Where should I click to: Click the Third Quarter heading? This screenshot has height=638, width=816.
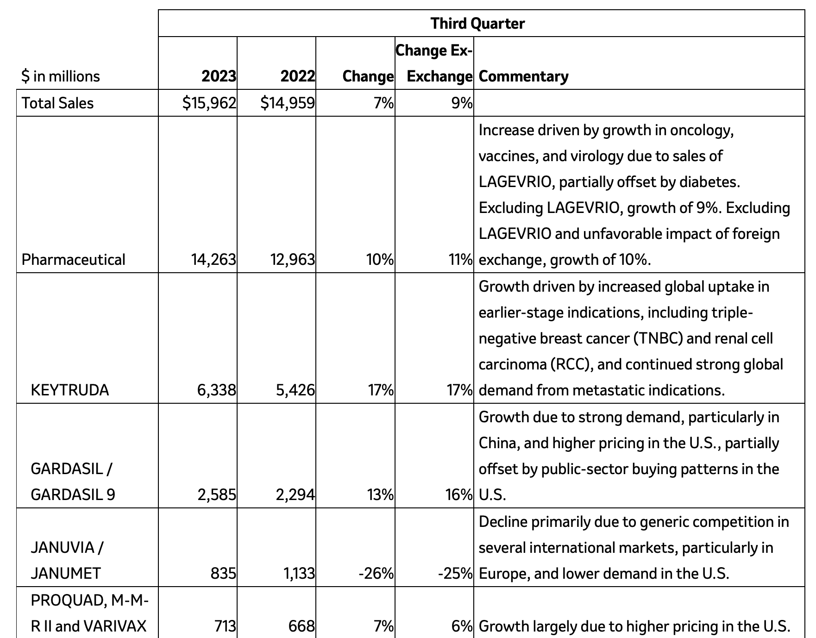pos(477,23)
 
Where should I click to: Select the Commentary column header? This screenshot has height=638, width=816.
pos(523,76)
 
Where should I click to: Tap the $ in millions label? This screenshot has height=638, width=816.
pos(61,76)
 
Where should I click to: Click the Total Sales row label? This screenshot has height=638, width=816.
pos(57,103)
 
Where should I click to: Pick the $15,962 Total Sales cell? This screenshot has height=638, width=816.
pos(209,103)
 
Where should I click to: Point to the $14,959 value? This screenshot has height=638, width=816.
pos(288,103)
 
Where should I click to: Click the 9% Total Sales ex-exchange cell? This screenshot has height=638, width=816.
pos(461,103)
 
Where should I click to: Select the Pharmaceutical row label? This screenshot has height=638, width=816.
pos(73,259)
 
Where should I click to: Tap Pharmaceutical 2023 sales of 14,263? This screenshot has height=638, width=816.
pos(213,259)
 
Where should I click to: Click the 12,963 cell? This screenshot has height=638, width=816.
pos(293,259)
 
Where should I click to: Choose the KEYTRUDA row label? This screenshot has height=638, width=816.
pos(70,390)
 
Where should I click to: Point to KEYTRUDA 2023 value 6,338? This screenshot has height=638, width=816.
pos(216,390)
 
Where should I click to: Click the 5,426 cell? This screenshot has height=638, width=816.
pos(295,390)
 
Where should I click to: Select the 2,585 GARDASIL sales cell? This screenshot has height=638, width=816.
pos(216,494)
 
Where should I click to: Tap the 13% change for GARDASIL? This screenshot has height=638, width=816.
pos(380,494)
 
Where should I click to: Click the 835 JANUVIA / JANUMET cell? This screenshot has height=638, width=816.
pos(223,573)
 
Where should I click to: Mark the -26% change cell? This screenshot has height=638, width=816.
pos(376,573)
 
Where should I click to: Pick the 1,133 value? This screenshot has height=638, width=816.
pos(299,573)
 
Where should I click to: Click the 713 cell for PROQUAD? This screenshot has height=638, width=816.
pos(225,626)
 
